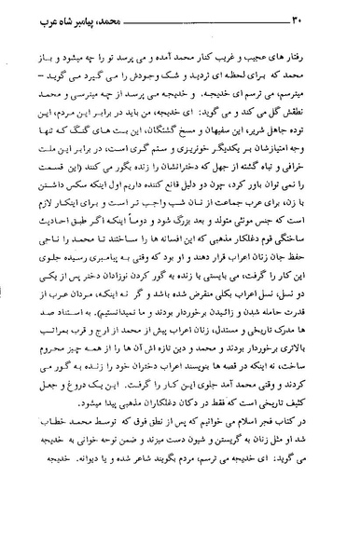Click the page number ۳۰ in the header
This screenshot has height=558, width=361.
tap(34, 20)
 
